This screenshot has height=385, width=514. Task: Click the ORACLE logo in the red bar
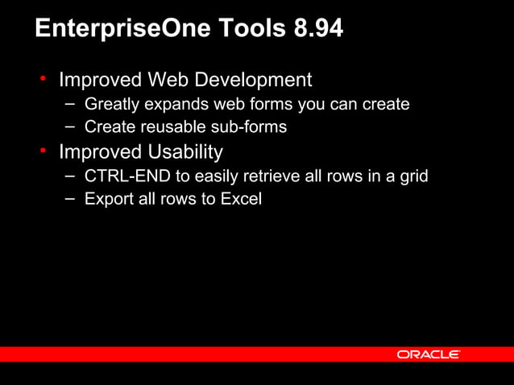[x=428, y=354]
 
